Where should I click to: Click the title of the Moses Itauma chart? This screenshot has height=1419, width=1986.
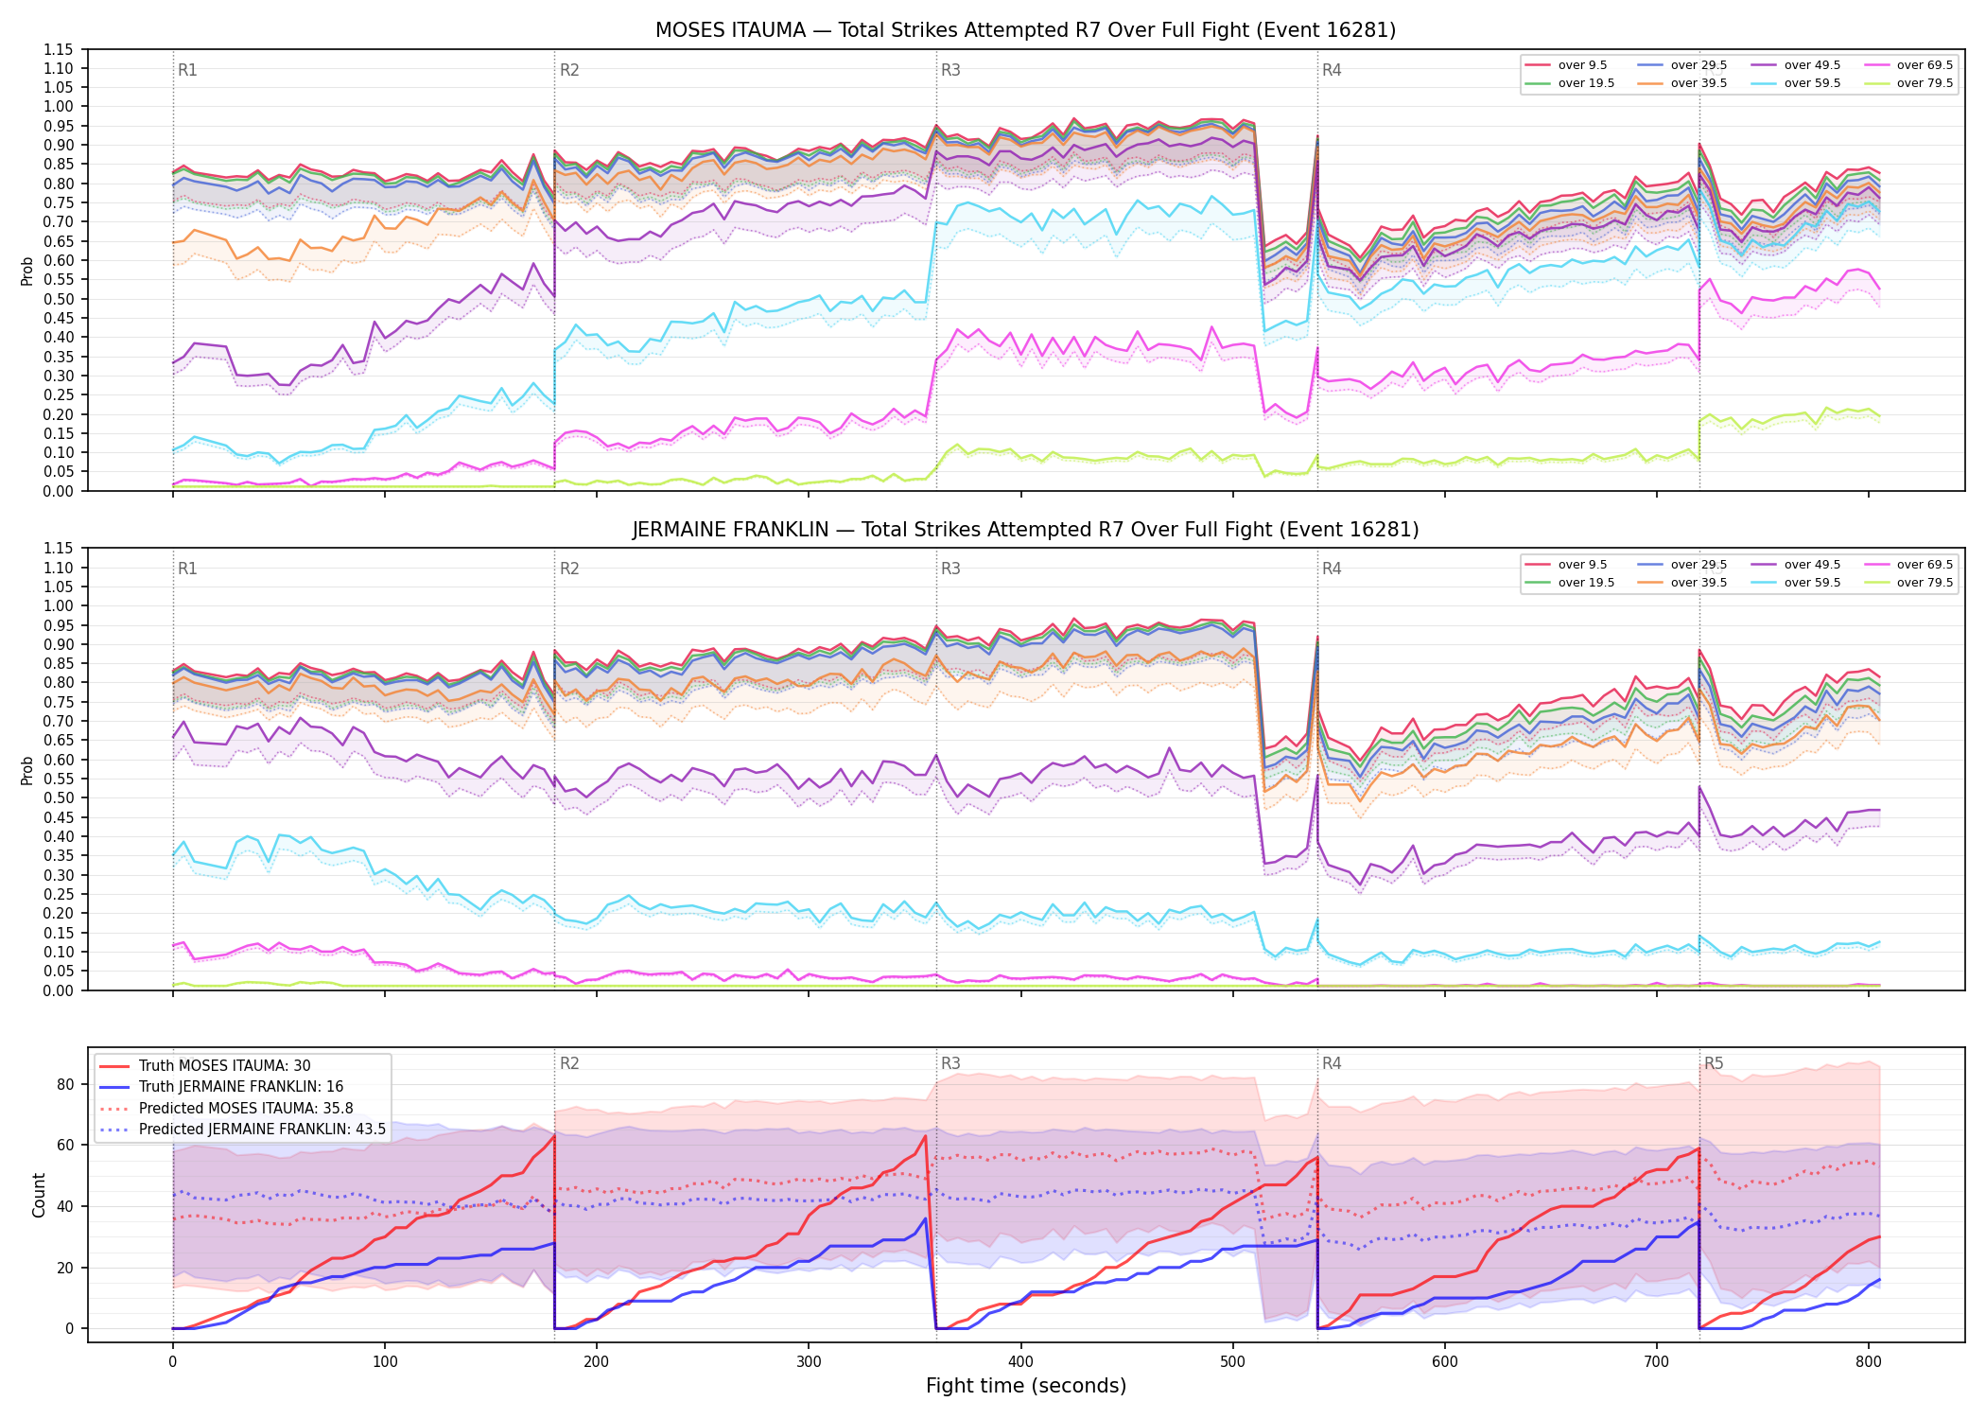pos(1025,30)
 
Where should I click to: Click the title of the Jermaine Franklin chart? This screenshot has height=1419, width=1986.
pos(1025,530)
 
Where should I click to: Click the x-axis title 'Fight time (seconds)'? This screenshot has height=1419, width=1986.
pos(1026,1386)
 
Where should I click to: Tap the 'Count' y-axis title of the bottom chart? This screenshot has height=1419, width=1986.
pos(39,1195)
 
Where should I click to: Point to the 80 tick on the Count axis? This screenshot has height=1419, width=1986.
pos(65,1084)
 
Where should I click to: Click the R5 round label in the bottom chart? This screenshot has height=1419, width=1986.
pos(1714,1063)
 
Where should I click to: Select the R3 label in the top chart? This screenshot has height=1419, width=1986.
pos(950,70)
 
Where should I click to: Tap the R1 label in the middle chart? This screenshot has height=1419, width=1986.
pos(187,569)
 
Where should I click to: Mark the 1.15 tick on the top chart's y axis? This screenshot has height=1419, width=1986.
pos(59,49)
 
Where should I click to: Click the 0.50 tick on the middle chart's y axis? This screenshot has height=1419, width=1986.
pos(59,797)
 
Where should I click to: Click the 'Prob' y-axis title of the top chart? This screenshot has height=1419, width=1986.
pos(26,271)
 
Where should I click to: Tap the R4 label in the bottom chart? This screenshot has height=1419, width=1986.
pos(1332,1063)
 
